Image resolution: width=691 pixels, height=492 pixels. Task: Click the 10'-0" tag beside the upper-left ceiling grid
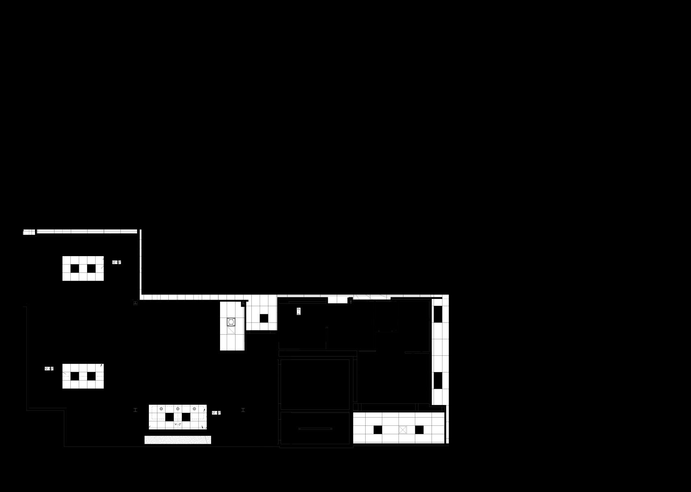click(117, 262)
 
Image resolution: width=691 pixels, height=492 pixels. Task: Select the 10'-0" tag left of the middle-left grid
click(49, 368)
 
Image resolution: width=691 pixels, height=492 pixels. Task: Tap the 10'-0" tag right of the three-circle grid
click(216, 413)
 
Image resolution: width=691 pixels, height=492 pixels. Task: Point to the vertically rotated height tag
click(299, 311)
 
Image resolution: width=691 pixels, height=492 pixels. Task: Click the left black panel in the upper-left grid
click(75, 268)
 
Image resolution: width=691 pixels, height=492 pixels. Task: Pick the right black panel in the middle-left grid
click(91, 376)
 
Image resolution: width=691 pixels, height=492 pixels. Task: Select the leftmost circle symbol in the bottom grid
click(161, 409)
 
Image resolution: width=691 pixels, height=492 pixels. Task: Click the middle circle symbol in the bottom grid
click(178, 409)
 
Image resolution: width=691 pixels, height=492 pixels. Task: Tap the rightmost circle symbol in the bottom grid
click(194, 409)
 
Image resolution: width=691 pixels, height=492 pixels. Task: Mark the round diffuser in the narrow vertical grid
click(231, 322)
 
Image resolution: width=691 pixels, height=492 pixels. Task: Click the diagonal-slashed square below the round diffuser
click(231, 330)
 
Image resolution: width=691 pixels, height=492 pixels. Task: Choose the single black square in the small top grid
click(264, 318)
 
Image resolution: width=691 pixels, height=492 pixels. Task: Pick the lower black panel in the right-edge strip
click(438, 381)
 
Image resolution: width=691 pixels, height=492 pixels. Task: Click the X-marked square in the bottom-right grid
click(403, 429)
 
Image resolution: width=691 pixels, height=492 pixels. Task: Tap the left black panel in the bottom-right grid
click(378, 429)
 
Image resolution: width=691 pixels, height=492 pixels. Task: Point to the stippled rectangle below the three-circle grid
click(178, 440)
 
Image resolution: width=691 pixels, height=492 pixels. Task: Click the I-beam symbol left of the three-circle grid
click(135, 410)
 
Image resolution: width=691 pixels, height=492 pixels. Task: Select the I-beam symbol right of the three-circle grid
click(243, 410)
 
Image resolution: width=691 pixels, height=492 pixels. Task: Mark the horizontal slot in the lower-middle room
click(315, 429)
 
